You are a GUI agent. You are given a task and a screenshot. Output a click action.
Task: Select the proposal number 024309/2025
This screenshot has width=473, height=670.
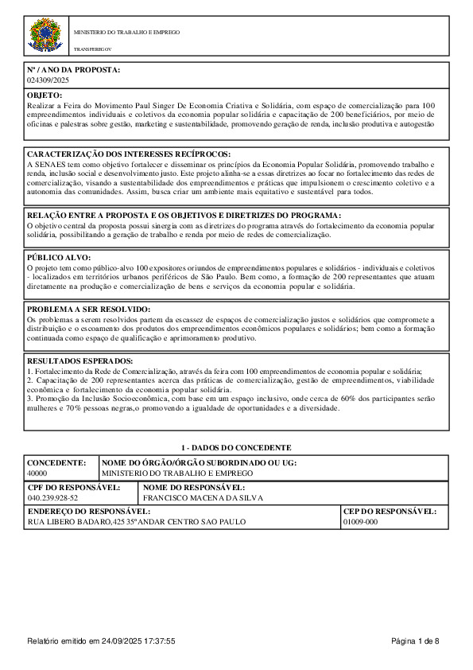coord(48,80)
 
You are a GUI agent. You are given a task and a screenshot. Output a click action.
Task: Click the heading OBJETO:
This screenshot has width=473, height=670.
coord(45,95)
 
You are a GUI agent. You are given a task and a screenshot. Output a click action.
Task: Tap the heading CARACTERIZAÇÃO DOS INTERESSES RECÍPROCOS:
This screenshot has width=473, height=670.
coord(129,154)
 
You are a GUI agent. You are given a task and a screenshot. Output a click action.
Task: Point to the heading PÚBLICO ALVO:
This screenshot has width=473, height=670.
coord(60,258)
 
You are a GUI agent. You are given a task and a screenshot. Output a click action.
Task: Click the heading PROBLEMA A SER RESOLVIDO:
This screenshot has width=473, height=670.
coord(89,309)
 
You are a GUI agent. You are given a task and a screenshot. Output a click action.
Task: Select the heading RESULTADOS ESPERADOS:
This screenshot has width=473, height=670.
coord(80,361)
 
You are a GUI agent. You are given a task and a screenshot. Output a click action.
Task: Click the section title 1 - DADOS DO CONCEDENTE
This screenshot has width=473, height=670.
coord(236,448)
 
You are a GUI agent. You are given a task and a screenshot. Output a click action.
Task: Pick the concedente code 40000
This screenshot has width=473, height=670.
coord(37,473)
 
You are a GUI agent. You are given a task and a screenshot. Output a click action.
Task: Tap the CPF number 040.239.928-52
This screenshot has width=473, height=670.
coord(53,497)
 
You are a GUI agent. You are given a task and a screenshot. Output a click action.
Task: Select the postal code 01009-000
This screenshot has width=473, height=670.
coord(360,522)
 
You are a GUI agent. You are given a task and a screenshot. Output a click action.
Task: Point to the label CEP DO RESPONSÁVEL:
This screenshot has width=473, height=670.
coord(390,511)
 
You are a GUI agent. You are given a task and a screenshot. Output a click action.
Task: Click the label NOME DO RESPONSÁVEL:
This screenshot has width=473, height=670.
coord(194,487)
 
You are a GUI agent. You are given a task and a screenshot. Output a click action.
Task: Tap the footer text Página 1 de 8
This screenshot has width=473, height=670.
coord(416,641)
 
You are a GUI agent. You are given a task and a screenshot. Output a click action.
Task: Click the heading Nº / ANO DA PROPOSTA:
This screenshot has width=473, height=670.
coord(74,70)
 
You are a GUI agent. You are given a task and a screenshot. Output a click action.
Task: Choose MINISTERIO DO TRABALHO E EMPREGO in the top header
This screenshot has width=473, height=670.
coord(126,32)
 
